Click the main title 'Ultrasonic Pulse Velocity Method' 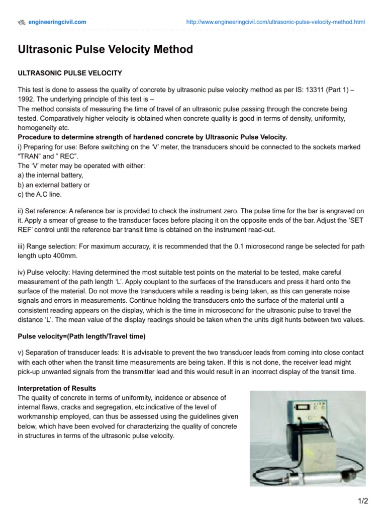[x=106, y=49]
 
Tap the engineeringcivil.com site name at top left [x=56, y=22]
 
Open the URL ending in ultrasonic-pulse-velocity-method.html [x=275, y=22]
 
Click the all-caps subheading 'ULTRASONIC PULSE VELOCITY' [x=70, y=73]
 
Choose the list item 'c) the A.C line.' [x=41, y=194]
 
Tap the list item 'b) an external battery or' [x=54, y=185]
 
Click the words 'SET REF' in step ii [x=352, y=220]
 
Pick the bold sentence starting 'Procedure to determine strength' [x=152, y=137]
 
